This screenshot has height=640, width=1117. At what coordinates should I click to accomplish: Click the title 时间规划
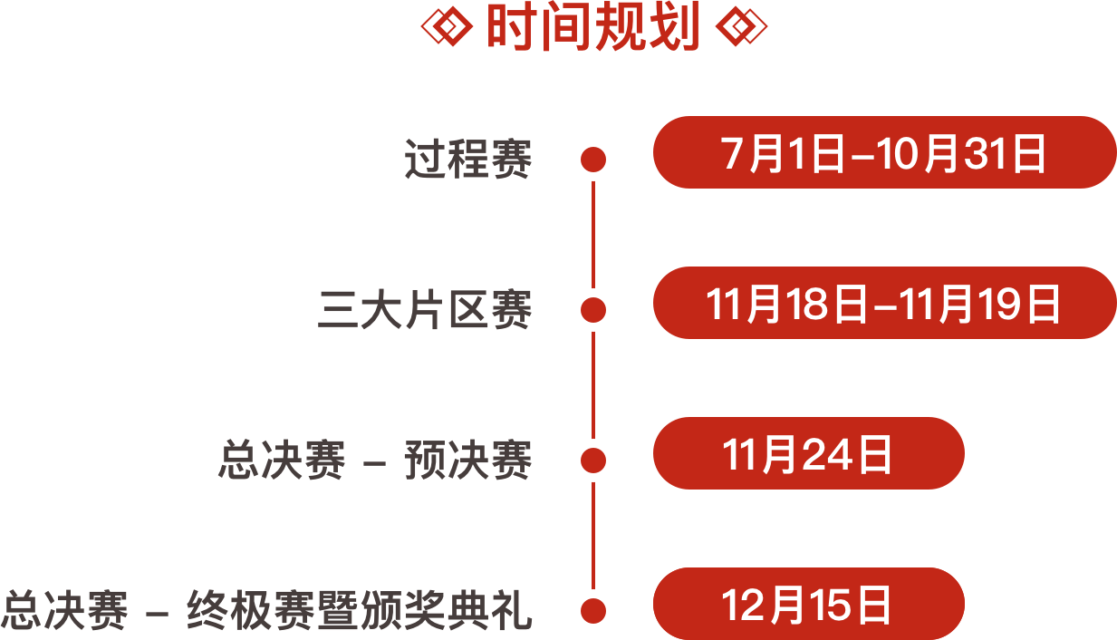point(593,29)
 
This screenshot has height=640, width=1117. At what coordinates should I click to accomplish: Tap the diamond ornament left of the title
point(448,29)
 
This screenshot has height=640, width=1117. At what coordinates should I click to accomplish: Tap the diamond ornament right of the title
point(740,29)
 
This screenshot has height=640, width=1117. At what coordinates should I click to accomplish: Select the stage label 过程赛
point(467,160)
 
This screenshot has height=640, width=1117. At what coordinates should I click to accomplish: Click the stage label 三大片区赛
point(425,310)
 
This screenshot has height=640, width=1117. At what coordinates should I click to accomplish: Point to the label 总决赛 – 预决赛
point(375,461)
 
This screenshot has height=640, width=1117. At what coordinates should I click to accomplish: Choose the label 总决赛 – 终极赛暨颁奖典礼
point(266,609)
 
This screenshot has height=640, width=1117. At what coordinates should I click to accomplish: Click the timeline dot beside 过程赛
point(593,160)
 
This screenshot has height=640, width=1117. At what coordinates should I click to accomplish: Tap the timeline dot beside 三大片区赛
point(593,310)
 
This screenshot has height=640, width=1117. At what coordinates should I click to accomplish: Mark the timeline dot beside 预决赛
point(593,460)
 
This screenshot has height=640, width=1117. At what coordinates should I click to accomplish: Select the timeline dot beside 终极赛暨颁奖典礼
point(593,609)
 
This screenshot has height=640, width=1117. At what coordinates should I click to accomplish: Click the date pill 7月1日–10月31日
point(884,153)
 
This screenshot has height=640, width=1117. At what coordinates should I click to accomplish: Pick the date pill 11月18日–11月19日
point(884,304)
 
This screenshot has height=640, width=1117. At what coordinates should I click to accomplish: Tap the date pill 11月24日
point(808,453)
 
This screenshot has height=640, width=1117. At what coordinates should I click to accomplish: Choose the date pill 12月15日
point(808,604)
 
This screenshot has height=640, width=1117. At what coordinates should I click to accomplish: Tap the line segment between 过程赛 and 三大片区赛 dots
point(593,236)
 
